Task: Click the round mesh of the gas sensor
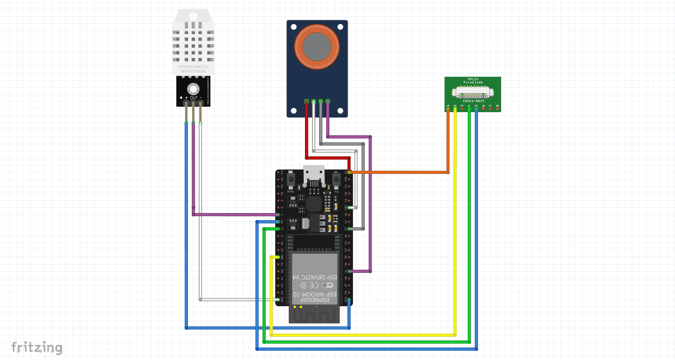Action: point(317,47)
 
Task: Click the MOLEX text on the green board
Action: point(473,79)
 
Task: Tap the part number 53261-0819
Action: point(473,101)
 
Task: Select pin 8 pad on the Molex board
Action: point(497,108)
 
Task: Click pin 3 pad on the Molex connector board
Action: point(462,108)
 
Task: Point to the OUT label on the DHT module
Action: point(194,98)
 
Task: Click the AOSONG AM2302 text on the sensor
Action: point(193,67)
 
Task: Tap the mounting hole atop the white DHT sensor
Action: point(193,17)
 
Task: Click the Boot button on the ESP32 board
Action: point(291,179)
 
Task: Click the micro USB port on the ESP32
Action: point(314,174)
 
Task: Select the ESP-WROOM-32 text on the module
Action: point(315,294)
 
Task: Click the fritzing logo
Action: point(36,348)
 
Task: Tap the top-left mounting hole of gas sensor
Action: point(294,27)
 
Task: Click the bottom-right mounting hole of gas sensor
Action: point(340,110)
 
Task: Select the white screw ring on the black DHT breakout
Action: point(193,89)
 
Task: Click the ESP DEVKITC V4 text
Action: point(315,277)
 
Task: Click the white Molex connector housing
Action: point(473,92)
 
